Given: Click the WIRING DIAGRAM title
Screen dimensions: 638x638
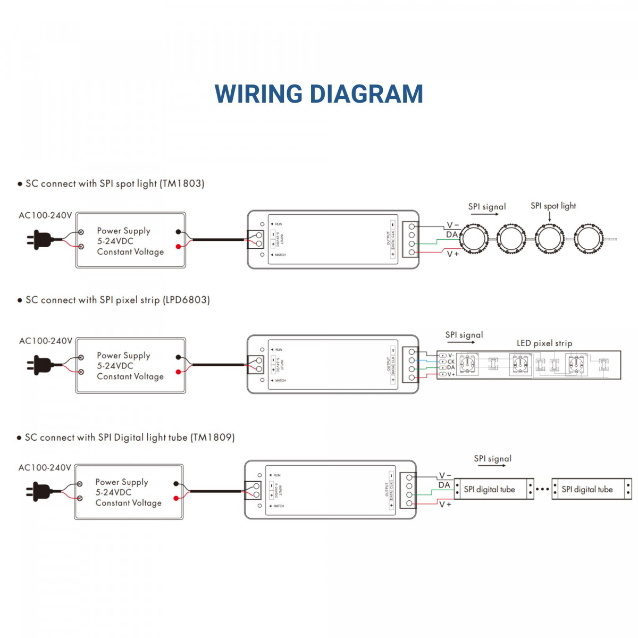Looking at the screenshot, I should tap(318, 94).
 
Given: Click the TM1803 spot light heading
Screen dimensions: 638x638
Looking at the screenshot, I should tap(114, 183).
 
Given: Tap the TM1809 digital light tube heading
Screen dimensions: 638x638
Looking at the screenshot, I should tap(129, 438).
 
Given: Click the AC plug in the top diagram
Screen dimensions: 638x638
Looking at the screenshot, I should tap(40, 239).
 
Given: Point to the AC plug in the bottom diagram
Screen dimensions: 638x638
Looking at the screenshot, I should tap(39, 491).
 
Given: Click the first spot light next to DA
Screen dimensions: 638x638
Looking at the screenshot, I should tap(474, 239).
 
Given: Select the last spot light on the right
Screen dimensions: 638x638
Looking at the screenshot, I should tap(589, 239).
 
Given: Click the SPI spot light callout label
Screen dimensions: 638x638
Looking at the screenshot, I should tap(553, 206).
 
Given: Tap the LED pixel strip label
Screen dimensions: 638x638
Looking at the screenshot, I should tap(544, 343).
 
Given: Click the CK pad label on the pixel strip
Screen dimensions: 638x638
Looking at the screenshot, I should tap(450, 362).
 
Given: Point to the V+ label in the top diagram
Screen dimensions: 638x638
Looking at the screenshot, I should tap(452, 254).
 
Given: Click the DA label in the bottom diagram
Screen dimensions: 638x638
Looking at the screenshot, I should tap(444, 485).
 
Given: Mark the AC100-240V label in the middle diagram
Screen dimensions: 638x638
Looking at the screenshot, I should tap(46, 341).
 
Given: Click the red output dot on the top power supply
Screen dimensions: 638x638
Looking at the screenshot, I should tap(178, 246).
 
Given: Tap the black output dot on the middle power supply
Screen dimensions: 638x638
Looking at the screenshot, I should tap(178, 357).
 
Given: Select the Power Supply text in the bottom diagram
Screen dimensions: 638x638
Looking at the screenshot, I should tap(122, 482).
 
